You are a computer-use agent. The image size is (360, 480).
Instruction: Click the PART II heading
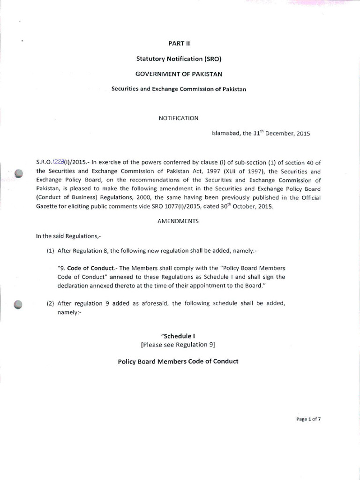180,43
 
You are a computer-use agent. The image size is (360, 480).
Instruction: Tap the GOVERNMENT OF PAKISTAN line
180,74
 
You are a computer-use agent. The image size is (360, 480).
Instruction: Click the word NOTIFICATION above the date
179,118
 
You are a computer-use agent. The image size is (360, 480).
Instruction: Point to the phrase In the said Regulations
65,236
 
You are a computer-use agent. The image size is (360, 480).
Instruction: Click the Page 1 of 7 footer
308,419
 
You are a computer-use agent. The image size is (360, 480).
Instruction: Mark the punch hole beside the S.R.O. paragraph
19,174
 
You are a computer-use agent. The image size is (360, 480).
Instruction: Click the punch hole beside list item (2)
19,304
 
